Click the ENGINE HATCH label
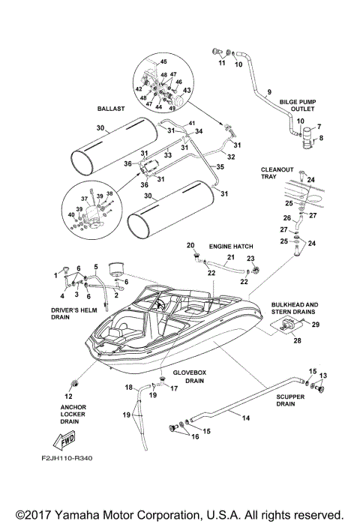tap(230, 245)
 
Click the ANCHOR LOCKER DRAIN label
tap(69, 414)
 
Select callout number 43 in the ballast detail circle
tap(187, 90)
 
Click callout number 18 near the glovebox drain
tap(128, 387)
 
